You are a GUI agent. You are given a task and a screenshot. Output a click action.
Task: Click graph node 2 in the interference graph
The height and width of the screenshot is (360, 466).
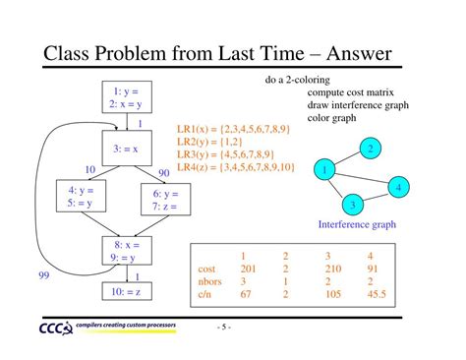click(370, 150)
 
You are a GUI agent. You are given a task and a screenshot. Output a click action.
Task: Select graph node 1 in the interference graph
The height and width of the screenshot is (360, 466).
click(322, 171)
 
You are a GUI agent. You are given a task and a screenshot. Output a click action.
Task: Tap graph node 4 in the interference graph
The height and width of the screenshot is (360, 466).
click(397, 186)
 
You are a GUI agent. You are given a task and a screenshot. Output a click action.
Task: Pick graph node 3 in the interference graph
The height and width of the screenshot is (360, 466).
click(351, 205)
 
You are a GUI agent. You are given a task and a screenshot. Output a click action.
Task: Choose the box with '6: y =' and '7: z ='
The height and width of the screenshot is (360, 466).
click(165, 201)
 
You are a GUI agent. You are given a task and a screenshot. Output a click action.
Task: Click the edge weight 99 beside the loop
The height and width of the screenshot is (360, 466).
click(44, 276)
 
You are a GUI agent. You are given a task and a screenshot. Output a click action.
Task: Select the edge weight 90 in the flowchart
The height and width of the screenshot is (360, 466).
click(164, 173)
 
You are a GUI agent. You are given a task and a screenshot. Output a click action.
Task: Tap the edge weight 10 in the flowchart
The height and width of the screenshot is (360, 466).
click(89, 170)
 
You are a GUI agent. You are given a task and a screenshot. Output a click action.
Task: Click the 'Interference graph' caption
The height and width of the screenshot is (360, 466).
click(357, 224)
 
